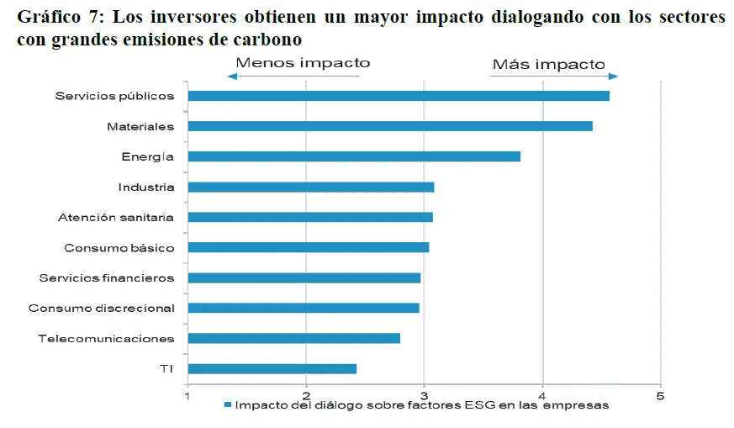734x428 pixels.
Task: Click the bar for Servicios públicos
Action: coord(399,96)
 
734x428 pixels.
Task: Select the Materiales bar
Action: coord(390,126)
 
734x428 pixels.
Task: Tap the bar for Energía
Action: coord(354,156)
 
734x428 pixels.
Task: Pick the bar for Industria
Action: coord(311,187)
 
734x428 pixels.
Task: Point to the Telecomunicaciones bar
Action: coord(293,338)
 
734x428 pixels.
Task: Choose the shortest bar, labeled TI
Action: coord(272,368)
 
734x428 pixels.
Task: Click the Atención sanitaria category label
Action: coord(116,217)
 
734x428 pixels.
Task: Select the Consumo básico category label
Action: coord(119,248)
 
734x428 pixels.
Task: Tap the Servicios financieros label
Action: coord(107,278)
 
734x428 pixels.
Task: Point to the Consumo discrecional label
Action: coord(102,309)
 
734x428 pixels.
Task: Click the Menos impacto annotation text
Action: coord(303,63)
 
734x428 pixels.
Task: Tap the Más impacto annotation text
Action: coord(548,64)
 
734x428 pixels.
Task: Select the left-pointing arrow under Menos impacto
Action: coord(293,77)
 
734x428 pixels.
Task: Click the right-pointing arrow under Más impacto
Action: coord(554,77)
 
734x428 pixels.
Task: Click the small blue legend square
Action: coord(227,405)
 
